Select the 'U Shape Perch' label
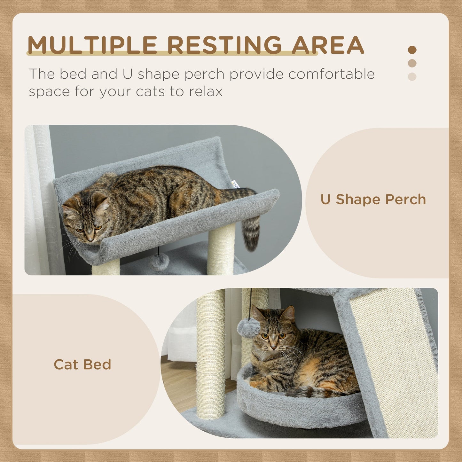[373, 200]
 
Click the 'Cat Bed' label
[82, 364]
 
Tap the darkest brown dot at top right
[412, 50]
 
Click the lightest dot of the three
[412, 77]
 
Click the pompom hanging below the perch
[160, 261]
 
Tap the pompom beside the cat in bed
[248, 328]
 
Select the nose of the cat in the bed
[273, 347]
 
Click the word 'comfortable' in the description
[331, 74]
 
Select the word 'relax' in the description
[206, 91]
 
